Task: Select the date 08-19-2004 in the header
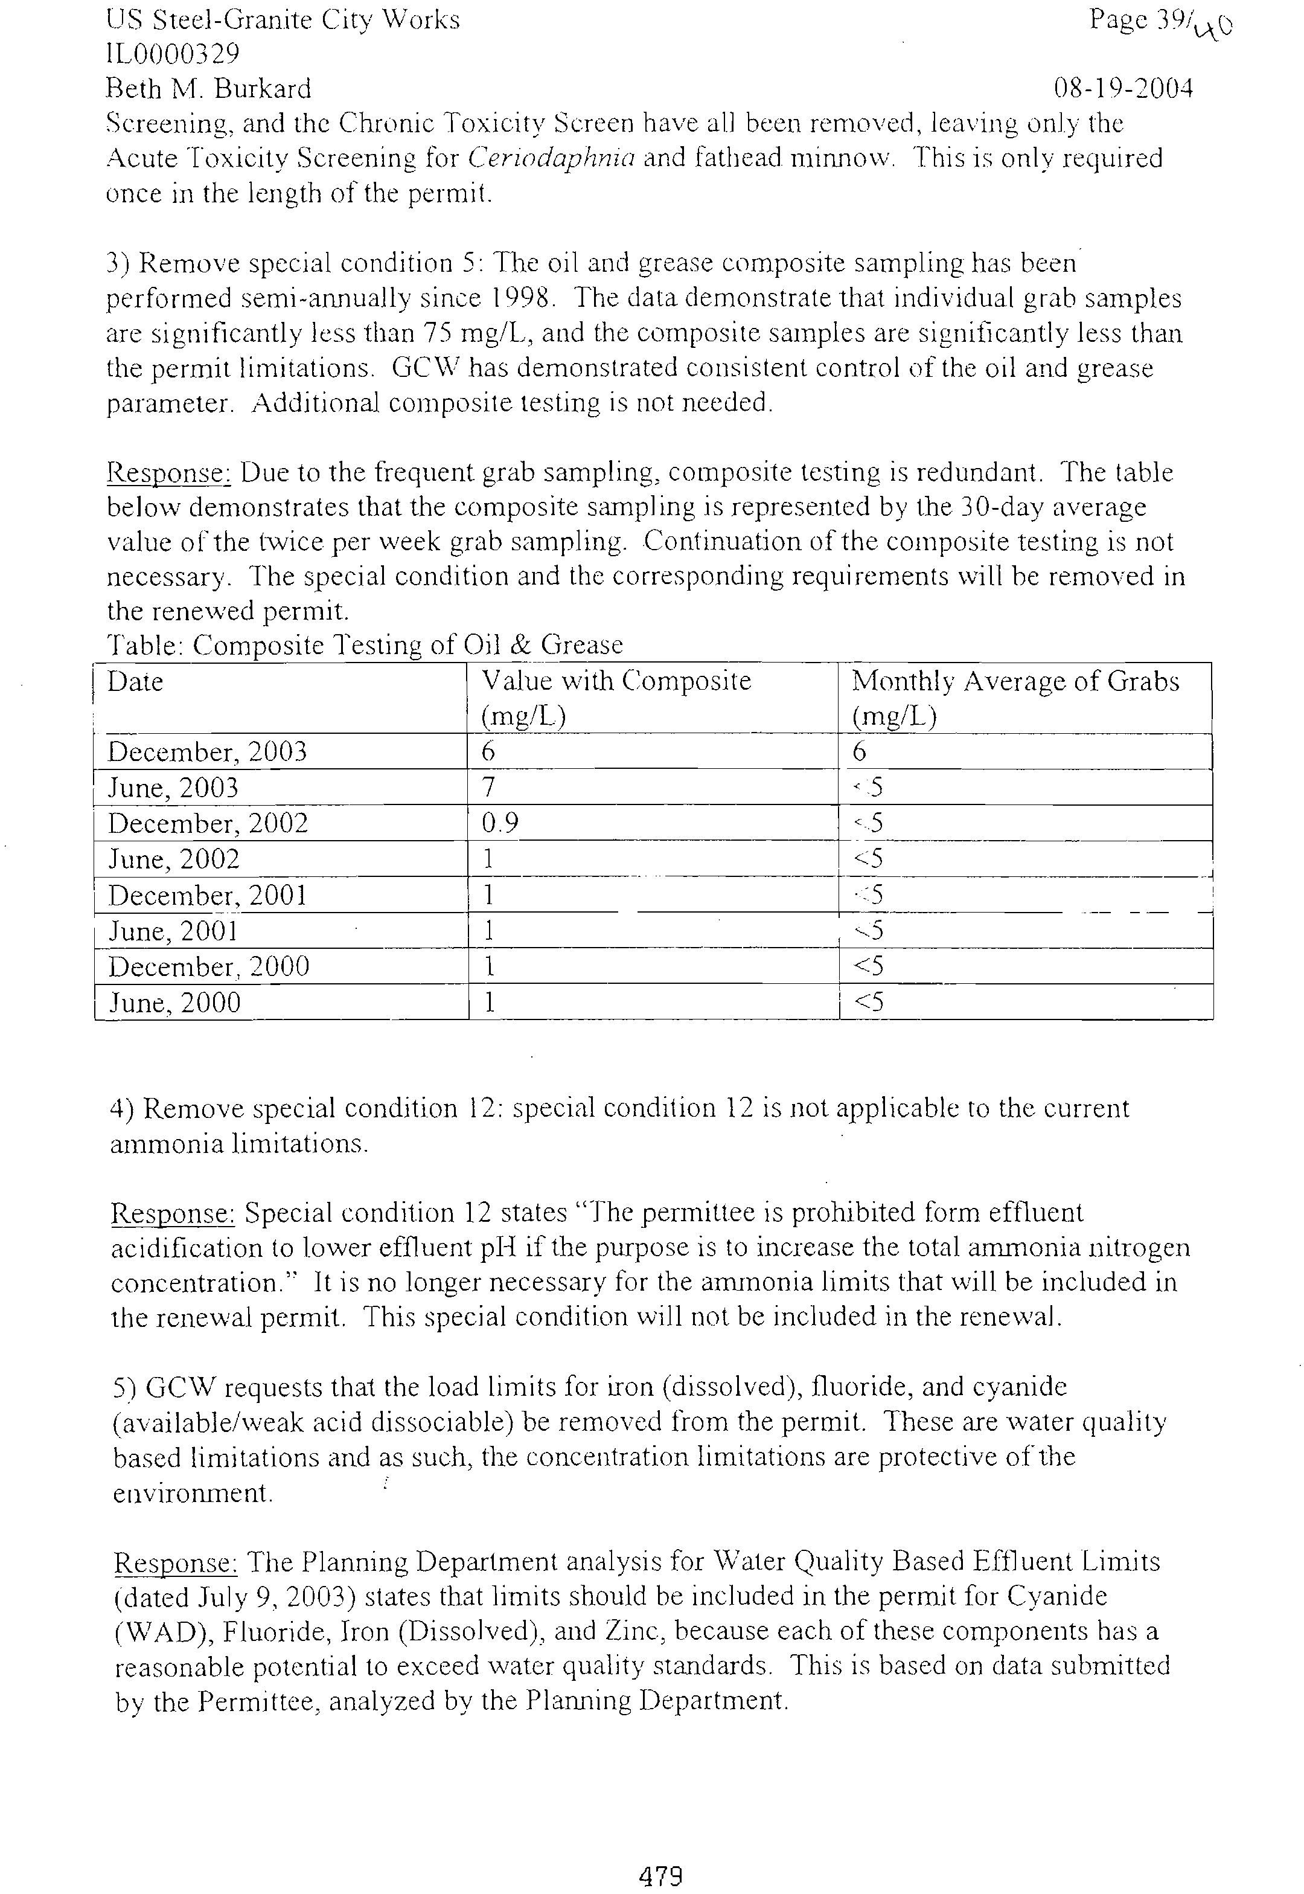pyautogui.click(x=1123, y=88)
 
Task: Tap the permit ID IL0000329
pyautogui.click(x=173, y=54)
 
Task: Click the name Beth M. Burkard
pyautogui.click(x=209, y=88)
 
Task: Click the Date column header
pyautogui.click(x=136, y=682)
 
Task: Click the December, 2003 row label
pyautogui.click(x=208, y=752)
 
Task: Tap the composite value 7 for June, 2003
pyautogui.click(x=488, y=787)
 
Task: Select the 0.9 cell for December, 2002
pyautogui.click(x=499, y=823)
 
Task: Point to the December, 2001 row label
pyautogui.click(x=208, y=896)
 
